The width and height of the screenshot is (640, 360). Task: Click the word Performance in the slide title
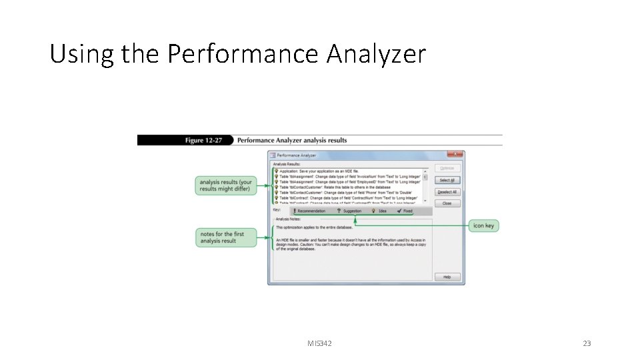click(243, 54)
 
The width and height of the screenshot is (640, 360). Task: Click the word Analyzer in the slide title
click(376, 54)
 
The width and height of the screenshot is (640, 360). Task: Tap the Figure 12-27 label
click(203, 141)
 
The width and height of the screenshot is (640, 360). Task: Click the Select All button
click(447, 180)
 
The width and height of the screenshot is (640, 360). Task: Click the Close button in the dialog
click(447, 203)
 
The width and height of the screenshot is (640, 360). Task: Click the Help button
click(447, 277)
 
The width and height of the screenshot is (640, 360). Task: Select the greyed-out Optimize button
click(447, 168)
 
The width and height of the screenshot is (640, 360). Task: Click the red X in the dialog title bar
click(458, 155)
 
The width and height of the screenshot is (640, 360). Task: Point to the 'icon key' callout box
click(483, 226)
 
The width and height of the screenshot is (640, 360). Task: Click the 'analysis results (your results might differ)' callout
click(226, 185)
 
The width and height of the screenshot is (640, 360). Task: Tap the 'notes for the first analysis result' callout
click(226, 237)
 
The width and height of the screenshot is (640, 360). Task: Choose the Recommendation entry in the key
click(309, 211)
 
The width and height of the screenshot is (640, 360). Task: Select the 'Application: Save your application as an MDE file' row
click(320, 171)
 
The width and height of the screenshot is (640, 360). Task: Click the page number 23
click(587, 343)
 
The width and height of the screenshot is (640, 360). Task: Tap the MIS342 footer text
click(319, 343)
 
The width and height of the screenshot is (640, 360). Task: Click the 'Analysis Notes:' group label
click(288, 219)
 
